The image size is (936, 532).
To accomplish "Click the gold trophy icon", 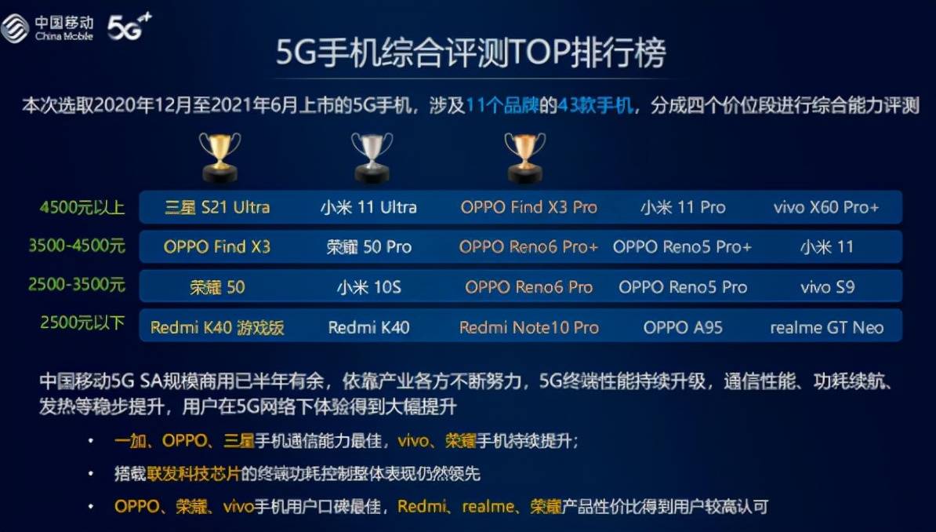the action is click(219, 157).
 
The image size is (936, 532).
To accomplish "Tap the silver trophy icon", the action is click(372, 157).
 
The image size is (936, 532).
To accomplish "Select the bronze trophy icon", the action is click(524, 157).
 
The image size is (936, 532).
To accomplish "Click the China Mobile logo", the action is click(48, 28).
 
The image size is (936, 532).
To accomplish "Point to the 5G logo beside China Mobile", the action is click(129, 27).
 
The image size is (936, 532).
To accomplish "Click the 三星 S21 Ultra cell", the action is click(217, 207).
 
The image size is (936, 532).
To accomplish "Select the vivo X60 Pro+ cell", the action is click(826, 207).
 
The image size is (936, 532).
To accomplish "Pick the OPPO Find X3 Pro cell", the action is click(529, 207).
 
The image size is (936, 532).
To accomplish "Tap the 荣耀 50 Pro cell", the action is click(369, 247).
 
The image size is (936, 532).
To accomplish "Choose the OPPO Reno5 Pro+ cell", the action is click(682, 247).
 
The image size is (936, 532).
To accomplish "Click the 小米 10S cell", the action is click(369, 287).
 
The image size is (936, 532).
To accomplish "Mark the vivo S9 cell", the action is click(827, 287).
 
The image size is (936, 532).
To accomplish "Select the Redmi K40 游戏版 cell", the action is click(217, 327).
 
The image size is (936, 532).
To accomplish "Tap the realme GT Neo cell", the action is click(827, 327).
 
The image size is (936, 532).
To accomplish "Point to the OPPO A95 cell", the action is click(683, 327).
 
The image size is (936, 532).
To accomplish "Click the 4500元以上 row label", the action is click(82, 207).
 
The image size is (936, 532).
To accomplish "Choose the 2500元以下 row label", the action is click(82, 322).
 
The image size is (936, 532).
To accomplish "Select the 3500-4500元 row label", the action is click(77, 245).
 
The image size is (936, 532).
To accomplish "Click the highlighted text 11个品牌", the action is click(502, 105).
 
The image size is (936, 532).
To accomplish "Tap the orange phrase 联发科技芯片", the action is click(194, 474).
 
